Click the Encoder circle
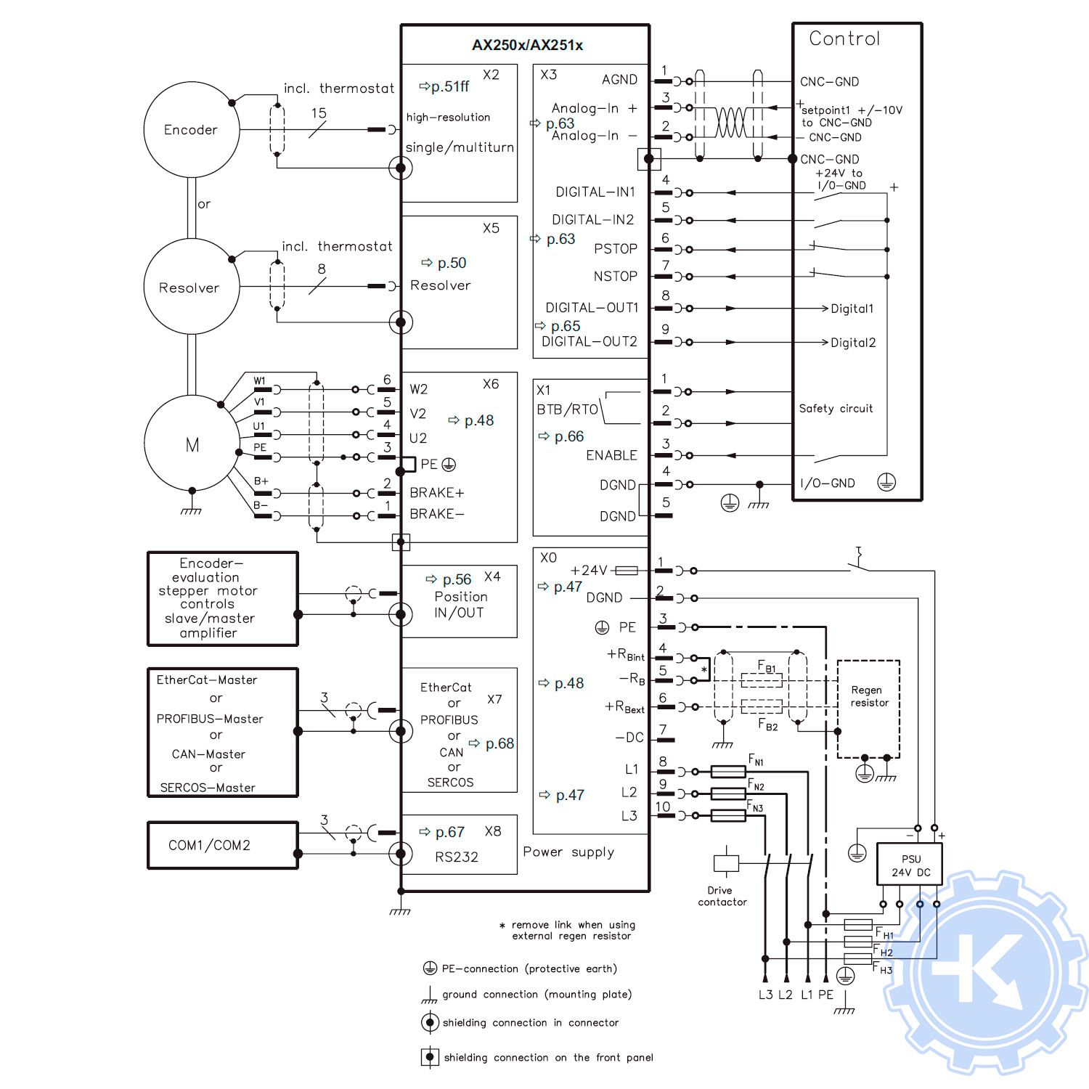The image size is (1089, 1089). pyautogui.click(x=191, y=130)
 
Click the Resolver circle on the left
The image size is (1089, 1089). pyautogui.click(x=189, y=287)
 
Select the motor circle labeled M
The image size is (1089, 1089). pyautogui.click(x=192, y=445)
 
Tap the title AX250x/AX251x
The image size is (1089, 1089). pyautogui.click(x=527, y=45)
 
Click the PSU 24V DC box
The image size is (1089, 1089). pyautogui.click(x=910, y=865)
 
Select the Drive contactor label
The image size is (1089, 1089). pyautogui.click(x=722, y=896)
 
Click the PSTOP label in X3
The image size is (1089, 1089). pyautogui.click(x=615, y=249)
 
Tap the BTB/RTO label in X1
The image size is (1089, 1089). pyautogui.click(x=567, y=409)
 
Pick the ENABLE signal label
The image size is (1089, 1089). pyautogui.click(x=611, y=455)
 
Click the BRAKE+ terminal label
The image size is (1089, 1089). pyautogui.click(x=436, y=493)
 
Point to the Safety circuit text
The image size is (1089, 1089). pyautogui.click(x=836, y=409)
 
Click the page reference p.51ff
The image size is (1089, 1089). pyautogui.click(x=449, y=86)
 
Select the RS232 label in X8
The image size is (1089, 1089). pyautogui.click(x=456, y=857)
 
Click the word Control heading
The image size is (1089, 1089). pyautogui.click(x=844, y=39)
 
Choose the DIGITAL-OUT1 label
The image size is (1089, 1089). pyautogui.click(x=592, y=308)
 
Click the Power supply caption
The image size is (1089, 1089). pyautogui.click(x=568, y=852)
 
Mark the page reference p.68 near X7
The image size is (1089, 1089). pyautogui.click(x=499, y=743)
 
